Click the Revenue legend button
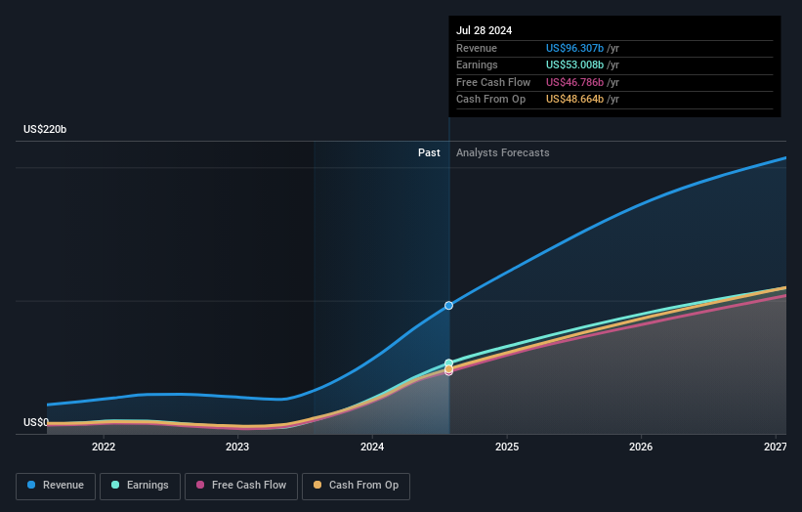pyautogui.click(x=56, y=486)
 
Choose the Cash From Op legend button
pyautogui.click(x=357, y=486)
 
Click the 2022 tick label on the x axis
pyautogui.click(x=104, y=447)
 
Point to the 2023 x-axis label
pyautogui.click(x=237, y=447)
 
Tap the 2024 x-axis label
pyautogui.click(x=372, y=447)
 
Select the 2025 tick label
pyautogui.click(x=506, y=447)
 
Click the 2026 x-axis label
pyautogui.click(x=641, y=447)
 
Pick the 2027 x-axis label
pyautogui.click(x=775, y=447)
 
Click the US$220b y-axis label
pyautogui.click(x=46, y=130)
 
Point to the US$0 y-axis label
pyautogui.click(x=36, y=422)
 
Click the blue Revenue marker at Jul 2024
pyautogui.click(x=449, y=306)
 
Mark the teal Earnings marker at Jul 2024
pyautogui.click(x=449, y=363)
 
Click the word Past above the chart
pyautogui.click(x=429, y=152)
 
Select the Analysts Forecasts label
pyautogui.click(x=502, y=152)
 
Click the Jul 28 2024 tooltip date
pyautogui.click(x=484, y=30)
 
